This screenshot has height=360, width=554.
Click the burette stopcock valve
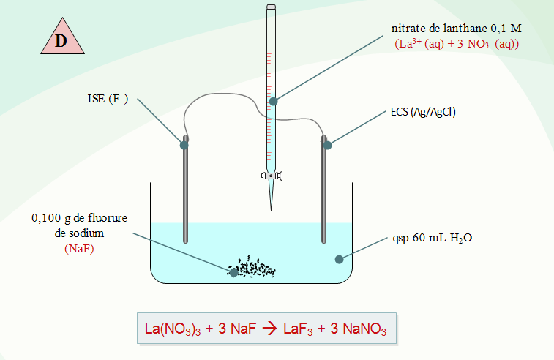tap(272, 176)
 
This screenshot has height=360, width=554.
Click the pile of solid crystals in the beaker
tap(252, 268)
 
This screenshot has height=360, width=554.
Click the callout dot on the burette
tap(273, 102)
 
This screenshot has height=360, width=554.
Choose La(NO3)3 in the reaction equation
tap(173, 329)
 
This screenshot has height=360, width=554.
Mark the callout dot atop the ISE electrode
tap(184, 145)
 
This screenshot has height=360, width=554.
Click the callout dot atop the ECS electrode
tap(328, 145)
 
